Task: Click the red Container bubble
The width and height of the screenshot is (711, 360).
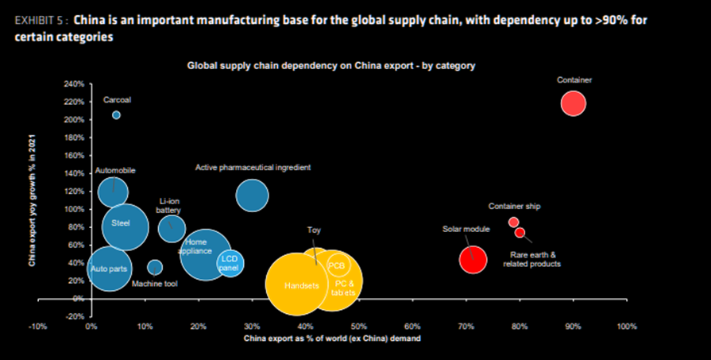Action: click(573, 103)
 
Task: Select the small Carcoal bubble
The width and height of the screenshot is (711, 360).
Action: click(116, 115)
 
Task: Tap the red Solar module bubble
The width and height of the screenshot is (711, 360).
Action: click(473, 259)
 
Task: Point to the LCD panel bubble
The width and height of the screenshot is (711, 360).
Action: click(230, 262)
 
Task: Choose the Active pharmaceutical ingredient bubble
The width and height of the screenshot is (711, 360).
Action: click(252, 195)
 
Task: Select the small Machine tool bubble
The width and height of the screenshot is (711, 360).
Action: click(155, 267)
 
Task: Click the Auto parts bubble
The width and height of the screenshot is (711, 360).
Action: click(110, 269)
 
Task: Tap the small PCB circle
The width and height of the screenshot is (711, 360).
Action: click(337, 265)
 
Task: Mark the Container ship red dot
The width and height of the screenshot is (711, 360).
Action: click(513, 223)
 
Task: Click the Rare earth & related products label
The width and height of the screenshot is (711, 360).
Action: click(531, 259)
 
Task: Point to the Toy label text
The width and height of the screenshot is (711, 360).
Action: click(314, 230)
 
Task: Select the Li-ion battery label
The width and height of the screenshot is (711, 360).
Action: click(168, 205)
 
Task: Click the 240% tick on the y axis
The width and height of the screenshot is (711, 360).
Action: click(73, 83)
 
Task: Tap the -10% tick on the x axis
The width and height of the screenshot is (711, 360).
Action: click(38, 327)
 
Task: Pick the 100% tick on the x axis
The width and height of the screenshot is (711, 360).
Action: click(626, 327)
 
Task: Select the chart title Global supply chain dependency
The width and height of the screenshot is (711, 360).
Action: click(330, 66)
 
